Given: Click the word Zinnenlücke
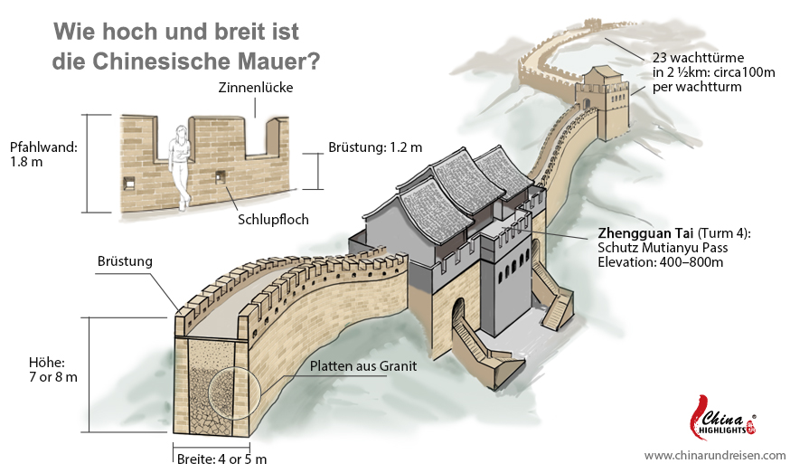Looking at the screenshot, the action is (x=256, y=87).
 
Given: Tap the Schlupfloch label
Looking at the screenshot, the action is (x=273, y=220).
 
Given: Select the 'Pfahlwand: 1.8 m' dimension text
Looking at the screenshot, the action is (x=43, y=155).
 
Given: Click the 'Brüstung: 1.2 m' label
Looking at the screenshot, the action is (x=375, y=147).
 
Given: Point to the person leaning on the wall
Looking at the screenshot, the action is (x=180, y=167).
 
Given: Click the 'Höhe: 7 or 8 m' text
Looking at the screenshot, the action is (x=52, y=370).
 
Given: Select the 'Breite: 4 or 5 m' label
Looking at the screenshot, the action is (x=221, y=459).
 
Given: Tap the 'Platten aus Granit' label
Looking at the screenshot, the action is (x=363, y=366).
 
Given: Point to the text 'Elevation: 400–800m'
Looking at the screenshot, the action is (x=661, y=261).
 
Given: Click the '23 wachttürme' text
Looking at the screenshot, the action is (x=698, y=57).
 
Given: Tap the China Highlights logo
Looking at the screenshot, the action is (x=723, y=417).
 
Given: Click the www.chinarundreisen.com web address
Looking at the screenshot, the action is (x=715, y=456).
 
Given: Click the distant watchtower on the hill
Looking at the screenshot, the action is (x=603, y=101).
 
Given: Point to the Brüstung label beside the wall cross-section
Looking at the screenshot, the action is (x=125, y=261).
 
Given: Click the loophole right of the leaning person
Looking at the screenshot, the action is (x=221, y=176).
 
